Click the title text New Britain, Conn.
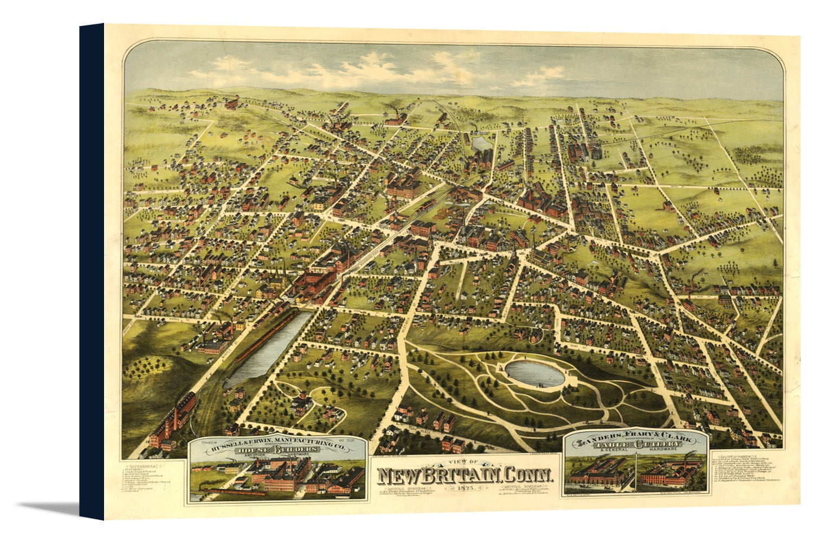(x=465, y=475)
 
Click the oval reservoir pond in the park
(x=533, y=375)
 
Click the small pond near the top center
(x=480, y=144)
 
